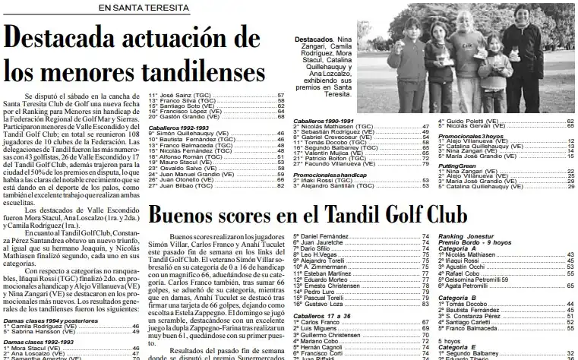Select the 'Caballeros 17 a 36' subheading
tap(320, 314)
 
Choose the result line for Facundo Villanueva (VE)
tap(327, 164)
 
